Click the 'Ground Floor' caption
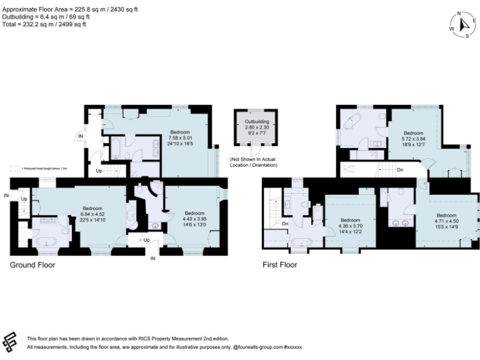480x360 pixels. pos(32,265)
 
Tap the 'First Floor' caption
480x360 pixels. pos(280,265)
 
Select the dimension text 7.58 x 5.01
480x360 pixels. pos(180,138)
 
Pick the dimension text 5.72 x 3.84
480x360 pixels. pos(413,139)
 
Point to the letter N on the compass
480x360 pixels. pos(458,13)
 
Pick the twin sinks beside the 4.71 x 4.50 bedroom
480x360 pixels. pos(399,221)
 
